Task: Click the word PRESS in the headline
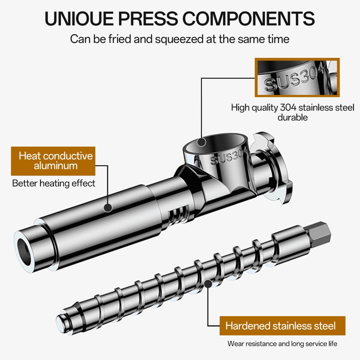pyautogui.click(x=148, y=18)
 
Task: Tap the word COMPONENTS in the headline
pyautogui.click(x=248, y=18)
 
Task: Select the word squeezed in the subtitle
pyautogui.click(x=179, y=39)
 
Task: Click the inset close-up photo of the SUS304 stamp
pyautogui.click(x=297, y=77)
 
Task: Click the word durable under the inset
pyautogui.click(x=292, y=117)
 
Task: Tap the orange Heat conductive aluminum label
pyautogui.click(x=53, y=161)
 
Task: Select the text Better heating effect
pyautogui.click(x=54, y=183)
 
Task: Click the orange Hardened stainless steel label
pyautogui.click(x=282, y=326)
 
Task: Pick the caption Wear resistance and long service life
pyautogui.click(x=282, y=344)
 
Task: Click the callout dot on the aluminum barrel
pyautogui.click(x=108, y=208)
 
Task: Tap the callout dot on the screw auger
pyautogui.click(x=208, y=284)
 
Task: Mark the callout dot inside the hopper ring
pyautogui.click(x=201, y=142)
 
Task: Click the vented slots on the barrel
pyautogui.click(x=179, y=215)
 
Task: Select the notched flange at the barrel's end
pyautogui.click(x=271, y=168)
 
